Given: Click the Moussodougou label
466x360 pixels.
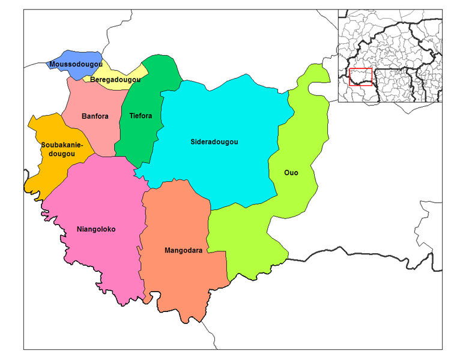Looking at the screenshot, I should tap(76, 64).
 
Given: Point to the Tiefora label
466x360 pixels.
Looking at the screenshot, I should tap(141, 116).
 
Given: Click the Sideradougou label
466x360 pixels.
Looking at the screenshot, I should tap(214, 142).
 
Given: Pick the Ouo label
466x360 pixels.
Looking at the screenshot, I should tap(291, 173).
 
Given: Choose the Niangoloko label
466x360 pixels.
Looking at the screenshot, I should tap(96, 229).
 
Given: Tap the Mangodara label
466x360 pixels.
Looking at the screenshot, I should tap(183, 250).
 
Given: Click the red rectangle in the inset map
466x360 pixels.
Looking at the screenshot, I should tap(361, 76).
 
